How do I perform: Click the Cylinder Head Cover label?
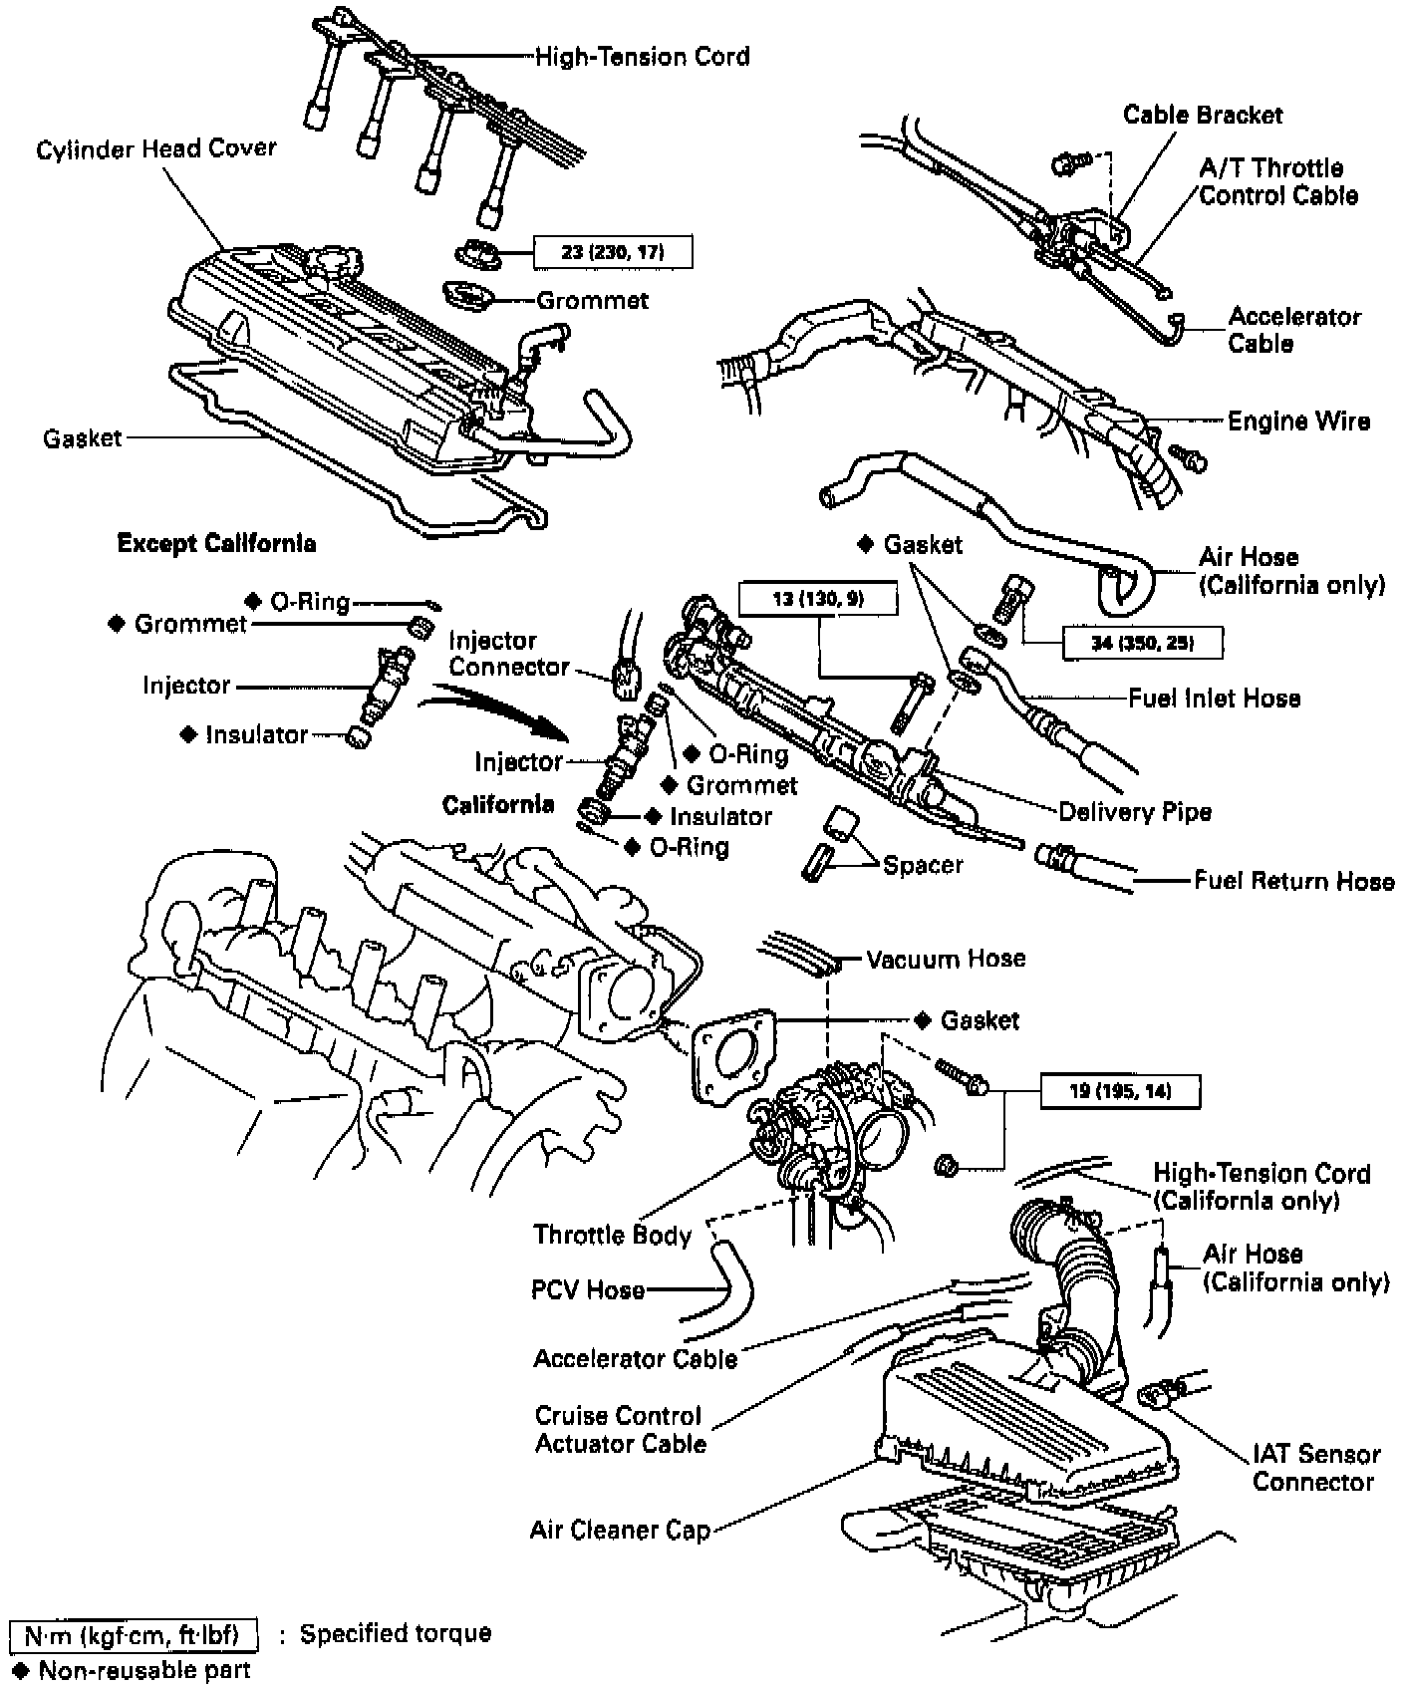tap(156, 149)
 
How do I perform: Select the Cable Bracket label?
tap(1203, 115)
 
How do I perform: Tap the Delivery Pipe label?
tap(1134, 812)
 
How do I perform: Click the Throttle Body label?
tap(612, 1236)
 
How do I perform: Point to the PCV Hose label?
tap(587, 1290)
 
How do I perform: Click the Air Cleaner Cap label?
tap(620, 1530)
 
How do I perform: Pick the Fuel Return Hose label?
tap(1293, 881)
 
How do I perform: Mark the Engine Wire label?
tap(1297, 422)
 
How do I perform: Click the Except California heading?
tap(217, 543)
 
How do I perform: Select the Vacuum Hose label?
tap(945, 960)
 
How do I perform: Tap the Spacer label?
tap(923, 865)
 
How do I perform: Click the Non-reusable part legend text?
tap(143, 1670)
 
